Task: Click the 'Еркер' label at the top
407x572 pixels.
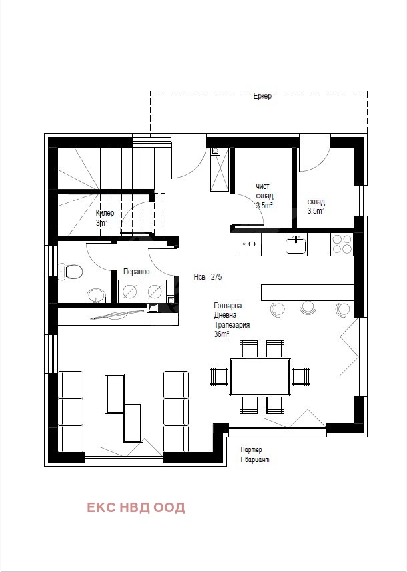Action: pos(262,97)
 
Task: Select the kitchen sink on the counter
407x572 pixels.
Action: pos(296,244)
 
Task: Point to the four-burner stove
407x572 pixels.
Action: pos(342,244)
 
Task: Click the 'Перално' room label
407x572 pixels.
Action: pos(136,272)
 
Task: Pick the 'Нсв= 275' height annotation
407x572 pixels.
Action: pos(208,277)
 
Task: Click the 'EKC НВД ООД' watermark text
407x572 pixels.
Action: pos(136,507)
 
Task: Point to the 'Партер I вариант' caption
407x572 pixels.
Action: pos(255,455)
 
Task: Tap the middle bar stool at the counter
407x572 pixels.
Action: pos(308,308)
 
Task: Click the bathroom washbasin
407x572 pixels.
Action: pos(96,296)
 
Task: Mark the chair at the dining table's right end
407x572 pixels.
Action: pos(301,376)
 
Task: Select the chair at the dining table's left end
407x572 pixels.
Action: pos(219,376)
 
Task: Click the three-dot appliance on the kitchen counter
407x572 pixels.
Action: pos(250,244)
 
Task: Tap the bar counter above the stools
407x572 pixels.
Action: pos(308,292)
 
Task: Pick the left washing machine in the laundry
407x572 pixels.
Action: pos(130,291)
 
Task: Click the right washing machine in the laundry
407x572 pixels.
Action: pos(155,291)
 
